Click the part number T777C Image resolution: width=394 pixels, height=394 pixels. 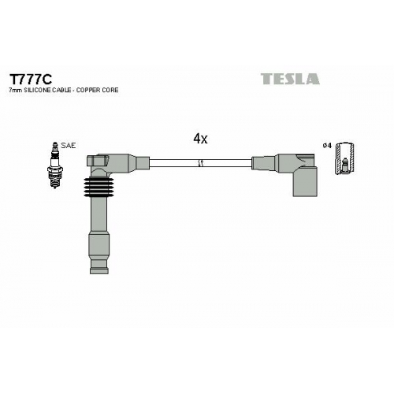pyautogui.click(x=31, y=79)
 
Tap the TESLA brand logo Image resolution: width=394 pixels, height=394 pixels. pyautogui.click(x=290, y=79)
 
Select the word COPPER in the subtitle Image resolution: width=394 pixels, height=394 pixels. pyautogui.click(x=88, y=90)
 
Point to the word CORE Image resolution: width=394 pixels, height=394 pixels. pyautogui.click(x=110, y=90)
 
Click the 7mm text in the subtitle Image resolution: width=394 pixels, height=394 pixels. pyautogui.click(x=16, y=91)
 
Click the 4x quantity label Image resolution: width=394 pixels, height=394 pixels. pyautogui.click(x=200, y=139)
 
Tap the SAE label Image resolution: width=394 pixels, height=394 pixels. pyautogui.click(x=68, y=146)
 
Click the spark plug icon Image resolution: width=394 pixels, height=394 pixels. pyautogui.click(x=54, y=165)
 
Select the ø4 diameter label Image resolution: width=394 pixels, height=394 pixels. pyautogui.click(x=327, y=145)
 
